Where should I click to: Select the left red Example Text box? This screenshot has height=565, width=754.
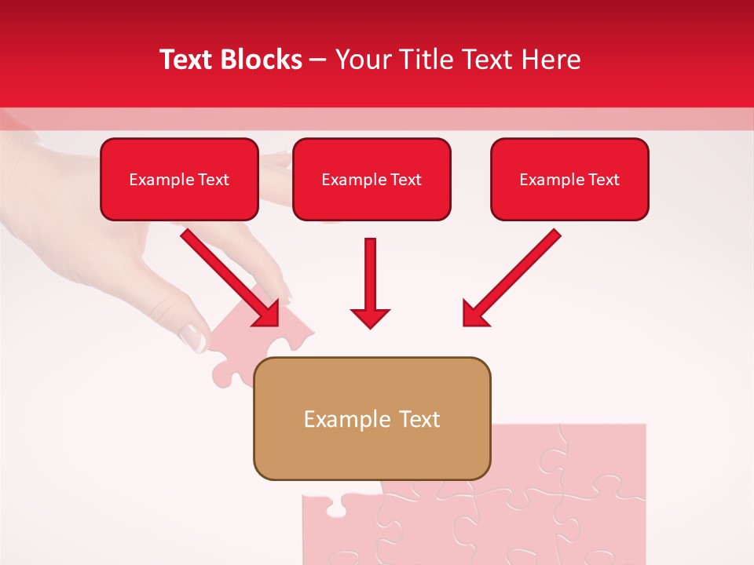click(x=179, y=179)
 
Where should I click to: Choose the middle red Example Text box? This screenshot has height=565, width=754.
click(x=372, y=179)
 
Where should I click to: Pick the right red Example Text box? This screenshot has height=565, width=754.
click(x=569, y=179)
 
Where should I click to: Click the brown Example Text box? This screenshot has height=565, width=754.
click(x=372, y=418)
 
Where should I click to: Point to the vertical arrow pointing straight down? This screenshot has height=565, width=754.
click(x=370, y=282)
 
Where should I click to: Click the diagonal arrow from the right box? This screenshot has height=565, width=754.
click(x=512, y=277)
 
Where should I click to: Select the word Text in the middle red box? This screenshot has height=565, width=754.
click(x=405, y=180)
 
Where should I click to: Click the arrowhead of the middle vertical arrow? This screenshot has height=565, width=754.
click(x=370, y=317)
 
